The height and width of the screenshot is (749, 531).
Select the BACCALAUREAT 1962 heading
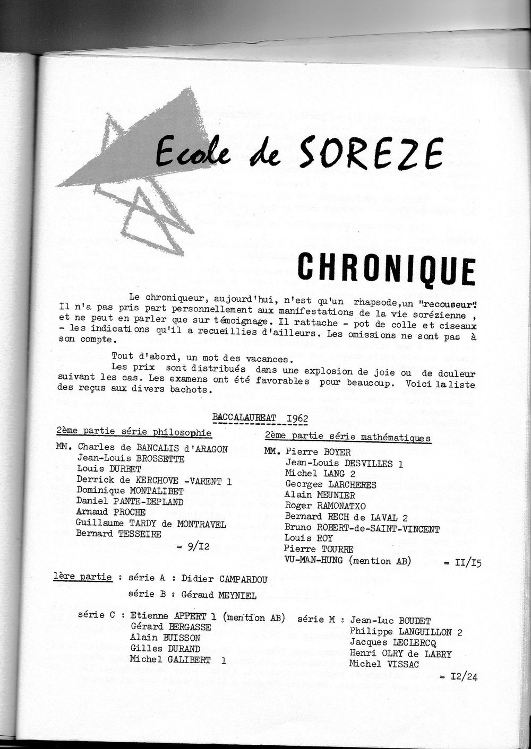point(260,417)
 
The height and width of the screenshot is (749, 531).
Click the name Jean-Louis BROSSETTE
point(131,459)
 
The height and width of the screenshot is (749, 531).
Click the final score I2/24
point(458,676)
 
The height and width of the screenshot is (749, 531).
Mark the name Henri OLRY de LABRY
point(400,654)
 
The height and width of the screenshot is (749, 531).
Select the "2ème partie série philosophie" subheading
point(134,433)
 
